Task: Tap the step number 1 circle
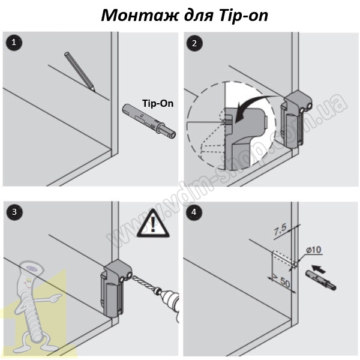[13, 43]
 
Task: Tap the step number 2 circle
[193, 43]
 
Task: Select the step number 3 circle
[13, 211]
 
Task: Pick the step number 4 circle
[193, 211]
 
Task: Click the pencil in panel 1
[79, 71]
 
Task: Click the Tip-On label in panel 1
[158, 103]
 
